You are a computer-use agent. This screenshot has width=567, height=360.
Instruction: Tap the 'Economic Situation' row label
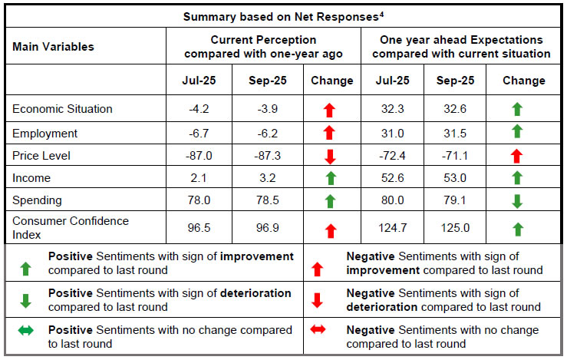[62, 109]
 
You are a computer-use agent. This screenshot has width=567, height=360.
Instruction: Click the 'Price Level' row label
[41, 156]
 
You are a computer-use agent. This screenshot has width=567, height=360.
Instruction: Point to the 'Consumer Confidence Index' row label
[71, 228]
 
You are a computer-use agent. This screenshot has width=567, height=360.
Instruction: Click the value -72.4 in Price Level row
[392, 156]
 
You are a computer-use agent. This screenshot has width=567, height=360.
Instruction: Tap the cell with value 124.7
[392, 228]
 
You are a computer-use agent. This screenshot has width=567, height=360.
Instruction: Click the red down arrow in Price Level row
[331, 157]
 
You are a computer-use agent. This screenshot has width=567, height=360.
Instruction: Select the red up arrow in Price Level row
[517, 157]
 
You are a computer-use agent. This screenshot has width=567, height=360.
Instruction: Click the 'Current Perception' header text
[263, 40]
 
